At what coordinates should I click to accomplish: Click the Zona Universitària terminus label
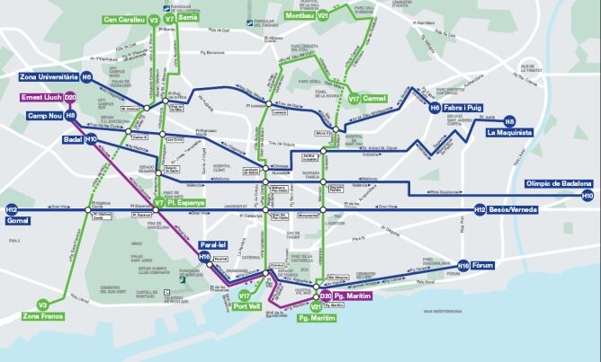[40, 78]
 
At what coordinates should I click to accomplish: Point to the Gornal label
[18, 219]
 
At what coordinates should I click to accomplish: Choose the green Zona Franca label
[42, 316]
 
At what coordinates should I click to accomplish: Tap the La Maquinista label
[509, 133]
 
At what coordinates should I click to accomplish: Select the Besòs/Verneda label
[517, 209]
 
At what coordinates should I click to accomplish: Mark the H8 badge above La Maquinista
[509, 120]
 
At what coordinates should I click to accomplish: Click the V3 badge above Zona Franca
[42, 305]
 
